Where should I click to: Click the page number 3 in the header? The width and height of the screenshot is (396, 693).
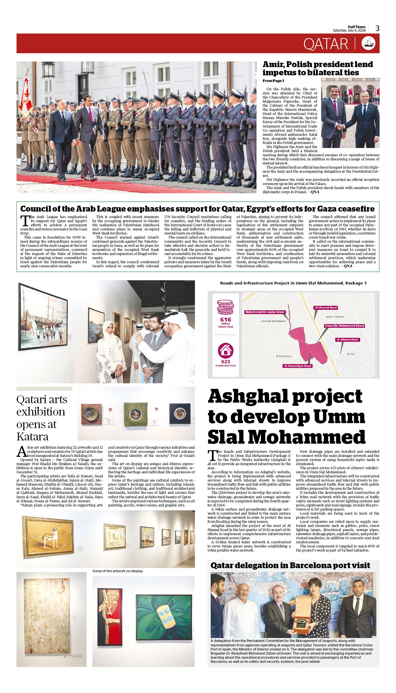(x=378, y=28)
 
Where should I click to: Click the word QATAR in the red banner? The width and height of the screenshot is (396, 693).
(x=326, y=44)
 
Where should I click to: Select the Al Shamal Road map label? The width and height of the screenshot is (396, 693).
(x=326, y=308)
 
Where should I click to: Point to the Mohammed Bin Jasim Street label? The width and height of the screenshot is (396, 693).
(x=265, y=312)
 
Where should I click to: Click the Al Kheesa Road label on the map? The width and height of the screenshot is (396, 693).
(x=347, y=340)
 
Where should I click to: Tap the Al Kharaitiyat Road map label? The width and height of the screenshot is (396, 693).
(x=298, y=366)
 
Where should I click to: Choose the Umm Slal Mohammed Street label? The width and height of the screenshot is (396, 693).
(x=344, y=326)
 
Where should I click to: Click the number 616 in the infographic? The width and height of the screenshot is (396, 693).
(x=225, y=319)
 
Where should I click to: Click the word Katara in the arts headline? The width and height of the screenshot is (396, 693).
(x=32, y=437)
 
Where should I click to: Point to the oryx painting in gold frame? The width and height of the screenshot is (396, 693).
(x=48, y=537)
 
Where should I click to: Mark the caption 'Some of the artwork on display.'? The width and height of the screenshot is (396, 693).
(x=118, y=571)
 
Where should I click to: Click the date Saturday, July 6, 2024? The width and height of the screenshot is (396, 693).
(x=349, y=30)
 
